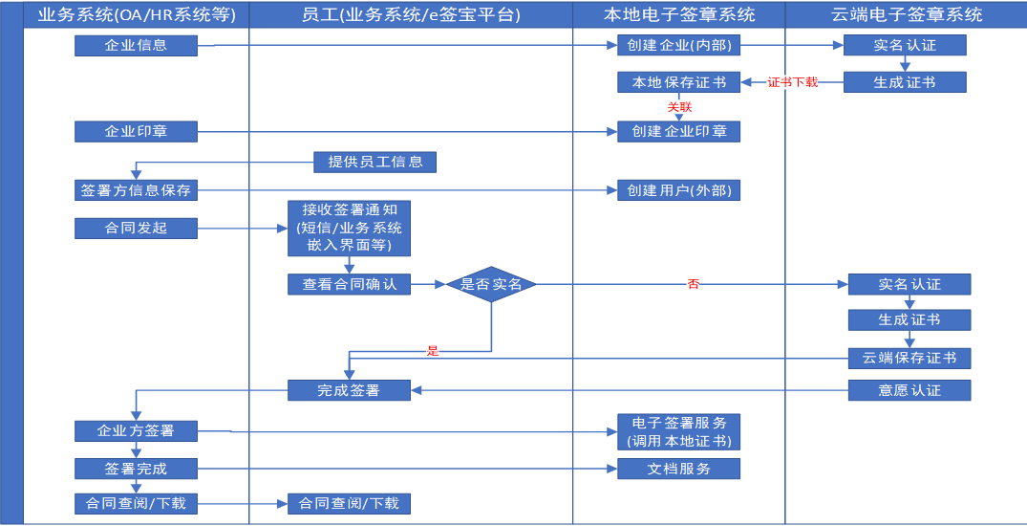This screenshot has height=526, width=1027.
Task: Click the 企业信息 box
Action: [136, 45]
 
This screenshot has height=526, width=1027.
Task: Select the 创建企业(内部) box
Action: [678, 45]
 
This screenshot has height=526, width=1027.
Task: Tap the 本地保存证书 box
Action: [678, 82]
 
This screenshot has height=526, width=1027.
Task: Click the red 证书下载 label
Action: [793, 82]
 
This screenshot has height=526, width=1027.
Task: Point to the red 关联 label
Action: [679, 107]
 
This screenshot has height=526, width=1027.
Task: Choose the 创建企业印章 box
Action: [678, 131]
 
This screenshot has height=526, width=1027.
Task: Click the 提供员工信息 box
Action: [375, 162]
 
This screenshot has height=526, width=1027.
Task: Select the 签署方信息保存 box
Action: [136, 190]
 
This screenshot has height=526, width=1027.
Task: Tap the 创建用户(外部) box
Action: [678, 190]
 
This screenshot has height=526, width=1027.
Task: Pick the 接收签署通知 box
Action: [350, 229]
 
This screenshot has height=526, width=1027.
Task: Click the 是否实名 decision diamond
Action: [491, 284]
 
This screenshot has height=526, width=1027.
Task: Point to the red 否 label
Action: [693, 284]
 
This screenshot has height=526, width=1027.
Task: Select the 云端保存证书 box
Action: [909, 358]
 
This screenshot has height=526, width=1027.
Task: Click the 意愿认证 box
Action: [909, 389]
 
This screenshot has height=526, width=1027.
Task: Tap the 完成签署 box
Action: [350, 389]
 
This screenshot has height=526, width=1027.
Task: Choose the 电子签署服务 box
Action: [678, 431]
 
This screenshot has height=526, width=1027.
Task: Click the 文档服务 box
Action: [678, 469]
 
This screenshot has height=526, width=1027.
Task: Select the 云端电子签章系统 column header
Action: [906, 14]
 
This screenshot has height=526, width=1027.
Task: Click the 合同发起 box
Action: [136, 228]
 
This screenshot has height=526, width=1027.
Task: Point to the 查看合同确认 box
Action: [350, 284]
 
